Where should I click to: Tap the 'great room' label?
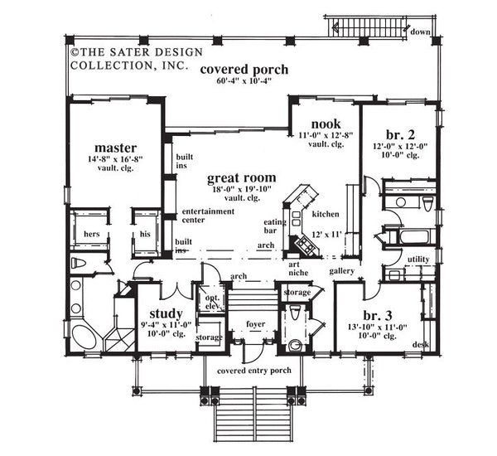pyautogui.click(x=242, y=177)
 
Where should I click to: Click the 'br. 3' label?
pyautogui.click(x=378, y=316)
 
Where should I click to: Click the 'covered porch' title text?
pyautogui.click(x=244, y=70)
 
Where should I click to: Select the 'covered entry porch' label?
pyautogui.click(x=253, y=371)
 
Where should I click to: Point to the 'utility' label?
pyautogui.click(x=418, y=259)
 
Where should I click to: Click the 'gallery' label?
pyautogui.click(x=341, y=271)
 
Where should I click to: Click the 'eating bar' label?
pyautogui.click(x=274, y=226)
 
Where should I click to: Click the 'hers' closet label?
pyautogui.click(x=92, y=235)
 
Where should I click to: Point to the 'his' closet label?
pyautogui.click(x=145, y=235)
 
